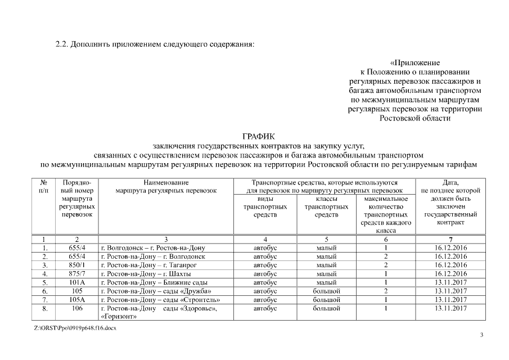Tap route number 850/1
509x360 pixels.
pos(76,265)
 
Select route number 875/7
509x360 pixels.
pos(76,274)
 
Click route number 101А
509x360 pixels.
pos(76,282)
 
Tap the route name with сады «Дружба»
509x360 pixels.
pos(155,291)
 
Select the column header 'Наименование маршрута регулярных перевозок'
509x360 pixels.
pos(166,187)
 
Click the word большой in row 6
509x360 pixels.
pos(326,291)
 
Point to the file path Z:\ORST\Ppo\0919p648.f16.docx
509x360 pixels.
pos(75,327)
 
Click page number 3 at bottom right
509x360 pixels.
pos(481,335)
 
